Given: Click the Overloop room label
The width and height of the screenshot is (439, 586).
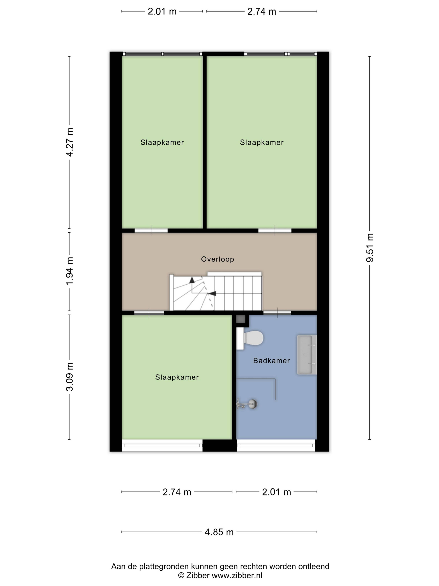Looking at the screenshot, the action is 218,259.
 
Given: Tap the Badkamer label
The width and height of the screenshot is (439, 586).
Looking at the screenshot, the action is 272,361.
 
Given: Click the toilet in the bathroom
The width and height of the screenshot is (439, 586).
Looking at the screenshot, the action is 250,338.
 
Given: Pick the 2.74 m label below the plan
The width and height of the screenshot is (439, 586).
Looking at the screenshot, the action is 177,492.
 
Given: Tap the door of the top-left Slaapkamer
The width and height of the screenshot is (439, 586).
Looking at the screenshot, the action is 151,231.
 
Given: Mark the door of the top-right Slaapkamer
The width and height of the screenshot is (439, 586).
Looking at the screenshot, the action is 275,231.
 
